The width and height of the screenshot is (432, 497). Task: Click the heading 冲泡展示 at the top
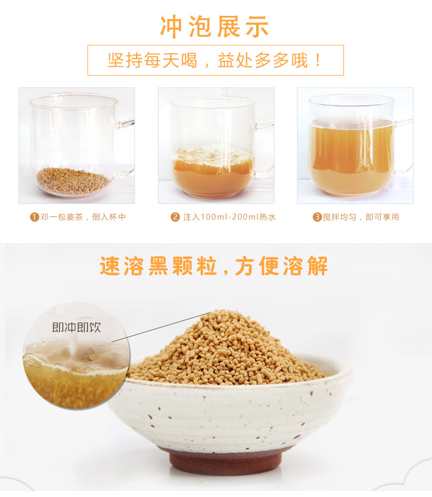point(214,27)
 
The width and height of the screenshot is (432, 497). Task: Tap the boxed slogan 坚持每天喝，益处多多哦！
point(215,60)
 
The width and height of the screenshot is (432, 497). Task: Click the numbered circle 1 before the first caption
point(34,217)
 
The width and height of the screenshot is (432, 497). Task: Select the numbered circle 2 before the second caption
point(175,217)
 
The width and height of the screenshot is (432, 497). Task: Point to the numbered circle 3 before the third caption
point(317,217)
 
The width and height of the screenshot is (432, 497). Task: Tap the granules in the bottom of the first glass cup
point(73,181)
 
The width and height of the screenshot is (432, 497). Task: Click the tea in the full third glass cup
point(351,157)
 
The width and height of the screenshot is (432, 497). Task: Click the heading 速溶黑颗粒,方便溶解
point(214,266)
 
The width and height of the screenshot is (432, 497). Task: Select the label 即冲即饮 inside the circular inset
point(77,327)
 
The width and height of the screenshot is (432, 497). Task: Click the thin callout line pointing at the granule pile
point(161,327)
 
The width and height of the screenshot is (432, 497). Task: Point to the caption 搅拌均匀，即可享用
point(361,217)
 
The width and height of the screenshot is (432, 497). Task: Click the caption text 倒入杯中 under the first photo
point(109,217)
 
